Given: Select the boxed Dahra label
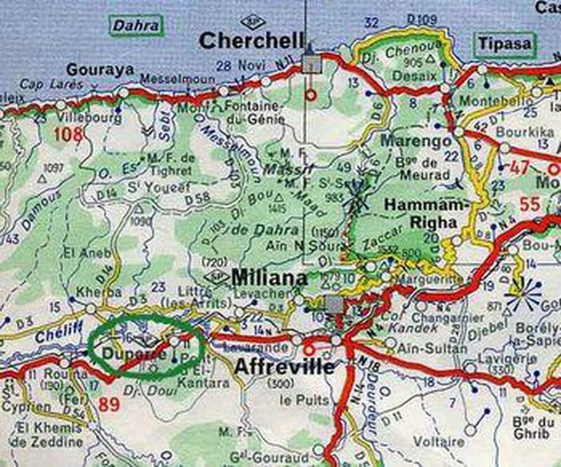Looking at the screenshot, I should coord(135,27).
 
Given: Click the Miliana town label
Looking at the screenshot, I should coord(269,278).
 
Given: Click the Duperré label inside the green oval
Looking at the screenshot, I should coord(126,354).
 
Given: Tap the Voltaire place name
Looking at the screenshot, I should coord(439,442).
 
